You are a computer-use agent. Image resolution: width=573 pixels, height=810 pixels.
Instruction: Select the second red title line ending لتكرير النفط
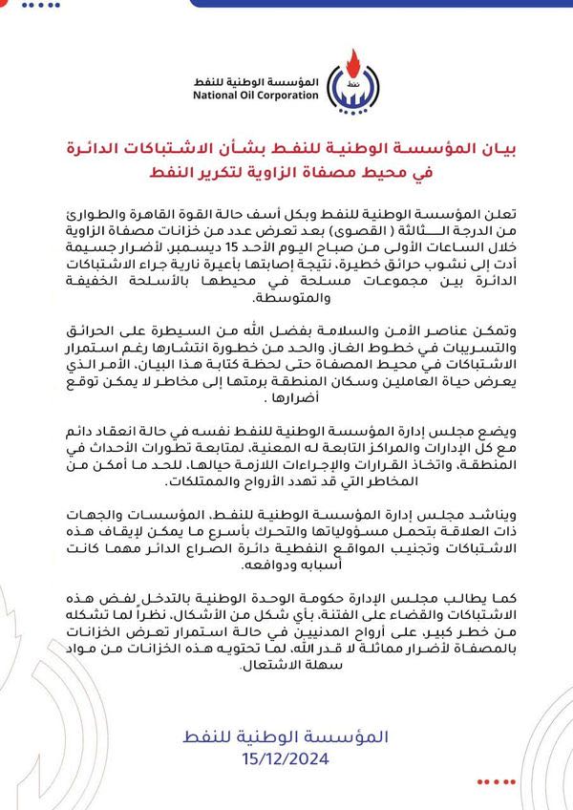click(286, 174)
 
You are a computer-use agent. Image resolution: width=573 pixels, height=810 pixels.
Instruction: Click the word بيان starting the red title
click(502, 148)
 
